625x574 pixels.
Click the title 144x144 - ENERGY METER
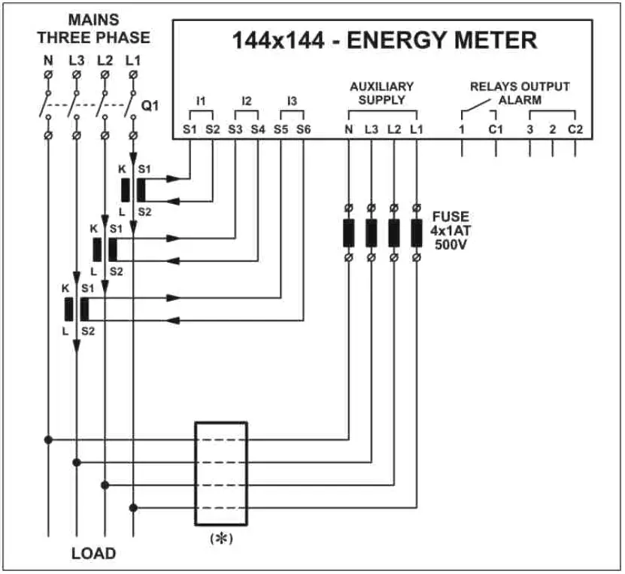point(384,40)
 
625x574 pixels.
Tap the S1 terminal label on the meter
point(189,129)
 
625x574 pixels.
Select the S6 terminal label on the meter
point(303,129)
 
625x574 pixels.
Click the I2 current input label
point(247,100)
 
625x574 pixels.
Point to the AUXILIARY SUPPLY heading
point(382,93)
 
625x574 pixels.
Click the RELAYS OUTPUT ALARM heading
point(520,93)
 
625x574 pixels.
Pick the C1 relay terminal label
point(495,129)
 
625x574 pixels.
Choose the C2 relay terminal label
point(575,129)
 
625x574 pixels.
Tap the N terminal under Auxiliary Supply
point(348,129)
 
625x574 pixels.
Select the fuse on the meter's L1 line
point(417,233)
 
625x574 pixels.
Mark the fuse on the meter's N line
point(348,233)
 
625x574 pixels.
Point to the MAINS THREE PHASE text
point(94,28)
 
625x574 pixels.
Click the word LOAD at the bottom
point(94,554)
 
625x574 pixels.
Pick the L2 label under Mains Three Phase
point(105,59)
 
